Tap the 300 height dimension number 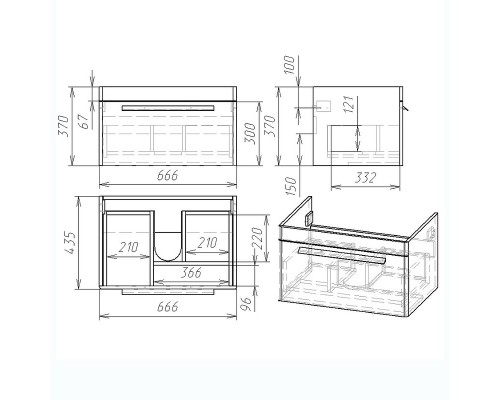(250, 133)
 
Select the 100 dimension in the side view (290, 65)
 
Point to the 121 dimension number (348, 104)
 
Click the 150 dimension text (291, 186)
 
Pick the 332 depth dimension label (365, 178)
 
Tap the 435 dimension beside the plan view (71, 242)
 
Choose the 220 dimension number (258, 238)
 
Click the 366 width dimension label (191, 272)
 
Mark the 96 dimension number (246, 304)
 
